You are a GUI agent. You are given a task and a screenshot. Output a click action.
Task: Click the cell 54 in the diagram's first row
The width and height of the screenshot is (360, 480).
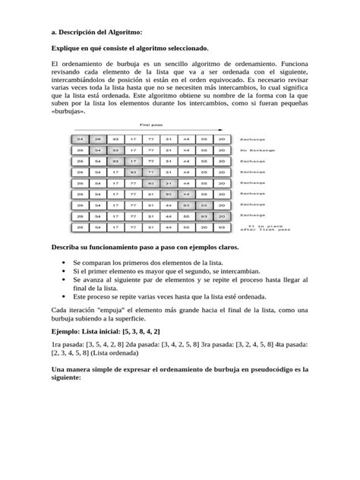(77, 140)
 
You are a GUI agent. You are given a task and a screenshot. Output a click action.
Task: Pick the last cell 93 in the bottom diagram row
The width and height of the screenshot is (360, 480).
(221, 227)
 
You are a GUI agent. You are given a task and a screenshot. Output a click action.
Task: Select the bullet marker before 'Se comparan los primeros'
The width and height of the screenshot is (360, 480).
(62, 262)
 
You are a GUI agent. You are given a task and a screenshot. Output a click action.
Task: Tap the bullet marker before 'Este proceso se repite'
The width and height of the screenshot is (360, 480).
(62, 298)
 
